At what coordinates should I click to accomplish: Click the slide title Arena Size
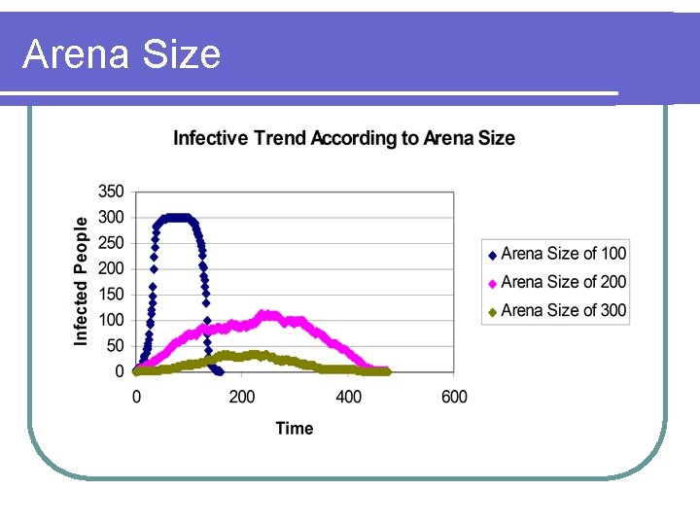pyautogui.click(x=122, y=54)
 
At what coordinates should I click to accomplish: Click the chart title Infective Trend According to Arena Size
pyautogui.click(x=343, y=138)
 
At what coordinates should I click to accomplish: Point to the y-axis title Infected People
pyautogui.click(x=82, y=280)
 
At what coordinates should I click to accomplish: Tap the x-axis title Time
pyautogui.click(x=294, y=428)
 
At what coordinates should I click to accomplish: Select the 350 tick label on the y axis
pyautogui.click(x=111, y=192)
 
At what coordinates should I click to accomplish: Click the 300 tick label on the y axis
pyautogui.click(x=111, y=217)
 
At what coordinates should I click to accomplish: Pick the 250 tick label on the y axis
pyautogui.click(x=111, y=243)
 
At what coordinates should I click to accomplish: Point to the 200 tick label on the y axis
pyautogui.click(x=111, y=268)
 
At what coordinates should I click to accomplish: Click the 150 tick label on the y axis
pyautogui.click(x=111, y=295)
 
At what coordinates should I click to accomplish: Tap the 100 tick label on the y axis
pyautogui.click(x=111, y=320)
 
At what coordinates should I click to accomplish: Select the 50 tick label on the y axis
pyautogui.click(x=115, y=346)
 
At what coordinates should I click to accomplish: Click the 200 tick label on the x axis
pyautogui.click(x=242, y=397)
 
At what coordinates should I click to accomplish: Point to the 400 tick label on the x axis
pyautogui.click(x=348, y=397)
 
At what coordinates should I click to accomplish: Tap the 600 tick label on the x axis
pyautogui.click(x=454, y=397)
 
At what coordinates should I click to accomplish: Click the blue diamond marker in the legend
pyautogui.click(x=492, y=255)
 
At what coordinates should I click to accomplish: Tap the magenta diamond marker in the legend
pyautogui.click(x=492, y=283)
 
